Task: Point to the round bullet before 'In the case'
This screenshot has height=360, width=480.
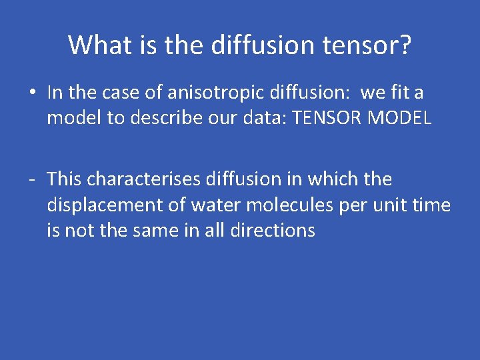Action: (x=32, y=93)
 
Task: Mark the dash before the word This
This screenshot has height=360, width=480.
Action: (x=32, y=179)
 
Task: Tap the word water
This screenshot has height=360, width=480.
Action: (x=194, y=205)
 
